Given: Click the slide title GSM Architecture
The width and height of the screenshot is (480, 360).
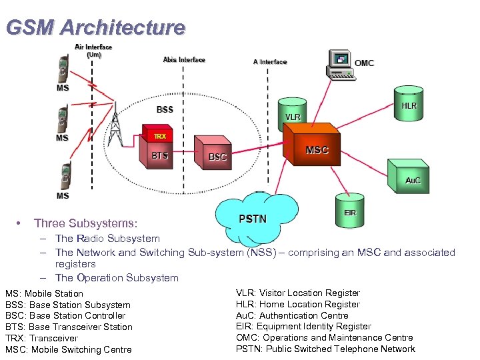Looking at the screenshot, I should (x=95, y=27).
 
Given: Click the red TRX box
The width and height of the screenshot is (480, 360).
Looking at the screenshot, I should (x=158, y=135).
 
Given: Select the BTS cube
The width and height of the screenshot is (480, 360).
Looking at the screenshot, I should (x=159, y=156).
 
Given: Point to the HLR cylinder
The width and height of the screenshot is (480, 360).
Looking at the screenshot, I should (x=408, y=103).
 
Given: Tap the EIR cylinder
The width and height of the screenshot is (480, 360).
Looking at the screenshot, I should (x=349, y=209).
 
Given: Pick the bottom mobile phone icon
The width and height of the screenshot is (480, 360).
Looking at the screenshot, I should (x=64, y=177).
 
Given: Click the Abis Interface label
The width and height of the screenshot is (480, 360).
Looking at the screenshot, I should (x=184, y=60).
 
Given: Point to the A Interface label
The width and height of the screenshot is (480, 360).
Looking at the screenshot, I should (x=269, y=62).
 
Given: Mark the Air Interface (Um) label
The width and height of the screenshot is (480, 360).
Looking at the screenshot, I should (x=93, y=51).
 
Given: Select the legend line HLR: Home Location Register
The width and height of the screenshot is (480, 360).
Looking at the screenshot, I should (x=297, y=304).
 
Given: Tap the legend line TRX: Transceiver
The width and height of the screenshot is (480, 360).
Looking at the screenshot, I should (x=41, y=338).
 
